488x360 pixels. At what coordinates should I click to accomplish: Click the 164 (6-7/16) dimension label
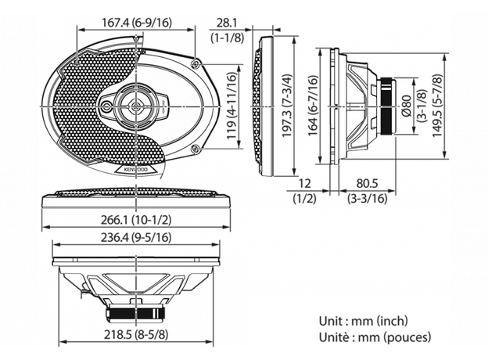[313, 106]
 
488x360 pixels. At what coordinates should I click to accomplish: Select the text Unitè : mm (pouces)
[374, 337]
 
